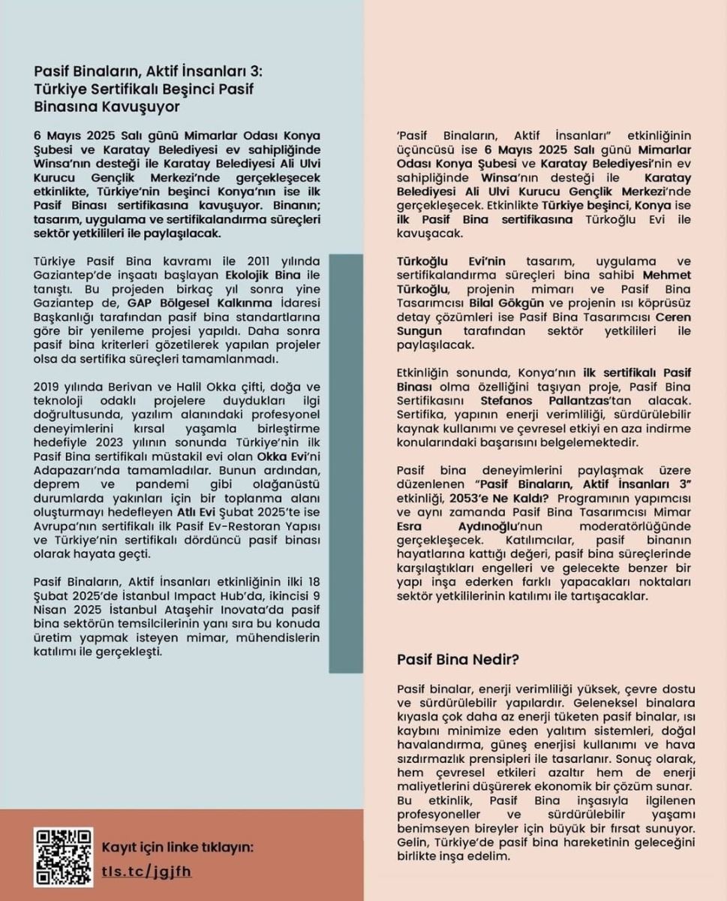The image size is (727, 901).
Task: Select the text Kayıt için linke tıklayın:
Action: point(178,847)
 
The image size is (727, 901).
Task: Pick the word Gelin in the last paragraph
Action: point(413,842)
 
